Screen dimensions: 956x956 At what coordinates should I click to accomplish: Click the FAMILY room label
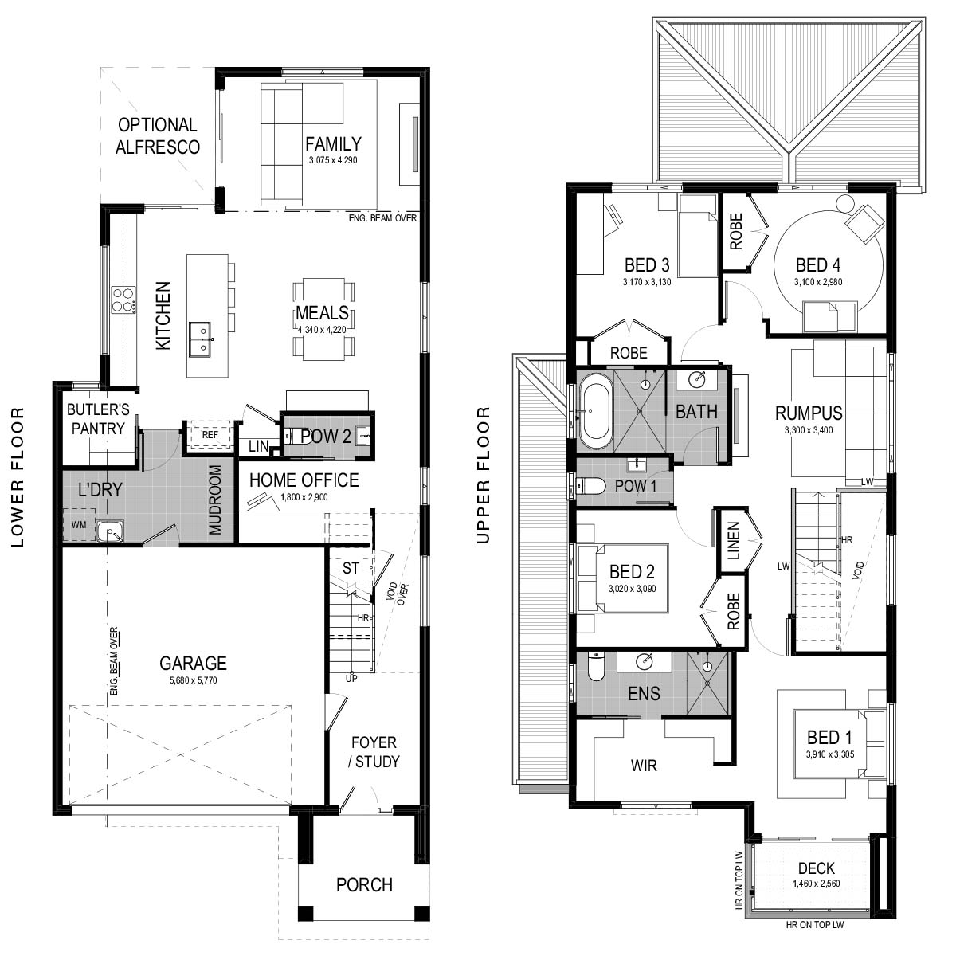[333, 144]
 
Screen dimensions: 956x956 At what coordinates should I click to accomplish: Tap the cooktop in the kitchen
[124, 300]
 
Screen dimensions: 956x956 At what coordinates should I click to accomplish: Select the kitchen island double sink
[202, 339]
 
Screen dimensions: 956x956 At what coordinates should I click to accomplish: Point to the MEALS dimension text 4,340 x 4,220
[322, 329]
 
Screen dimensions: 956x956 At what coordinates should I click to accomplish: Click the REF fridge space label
[210, 435]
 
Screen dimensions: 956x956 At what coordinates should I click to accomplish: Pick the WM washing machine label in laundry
[79, 524]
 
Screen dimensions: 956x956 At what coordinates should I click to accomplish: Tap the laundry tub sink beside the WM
[111, 532]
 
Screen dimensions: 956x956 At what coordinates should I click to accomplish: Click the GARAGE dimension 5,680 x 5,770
[193, 680]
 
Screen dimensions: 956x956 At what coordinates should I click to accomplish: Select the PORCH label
[364, 884]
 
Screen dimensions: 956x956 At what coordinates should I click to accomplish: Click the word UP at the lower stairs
[351, 678]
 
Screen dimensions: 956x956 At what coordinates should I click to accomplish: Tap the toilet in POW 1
[590, 486]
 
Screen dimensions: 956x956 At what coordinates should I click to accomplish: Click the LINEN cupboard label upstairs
[733, 541]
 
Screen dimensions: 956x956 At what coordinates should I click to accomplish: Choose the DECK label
[816, 868]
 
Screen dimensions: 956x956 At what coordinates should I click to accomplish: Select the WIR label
[644, 766]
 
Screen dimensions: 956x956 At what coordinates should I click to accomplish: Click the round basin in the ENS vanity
[645, 660]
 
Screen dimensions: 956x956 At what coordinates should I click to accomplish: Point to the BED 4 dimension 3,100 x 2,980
[818, 282]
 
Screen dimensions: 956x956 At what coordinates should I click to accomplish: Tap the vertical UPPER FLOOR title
[484, 476]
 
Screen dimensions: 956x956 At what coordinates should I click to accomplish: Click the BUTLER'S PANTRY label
[98, 419]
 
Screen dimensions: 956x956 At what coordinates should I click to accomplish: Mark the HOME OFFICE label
[304, 480]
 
